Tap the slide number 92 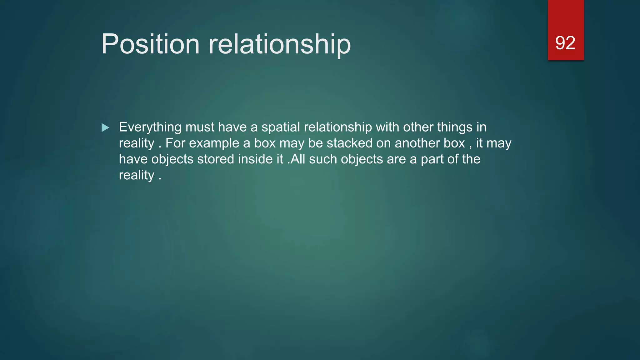tap(565, 43)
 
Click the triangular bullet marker tap(105, 127)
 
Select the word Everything tap(150, 127)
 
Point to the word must tap(200, 127)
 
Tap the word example tap(214, 143)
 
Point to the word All tap(297, 159)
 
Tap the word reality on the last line tap(137, 175)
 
